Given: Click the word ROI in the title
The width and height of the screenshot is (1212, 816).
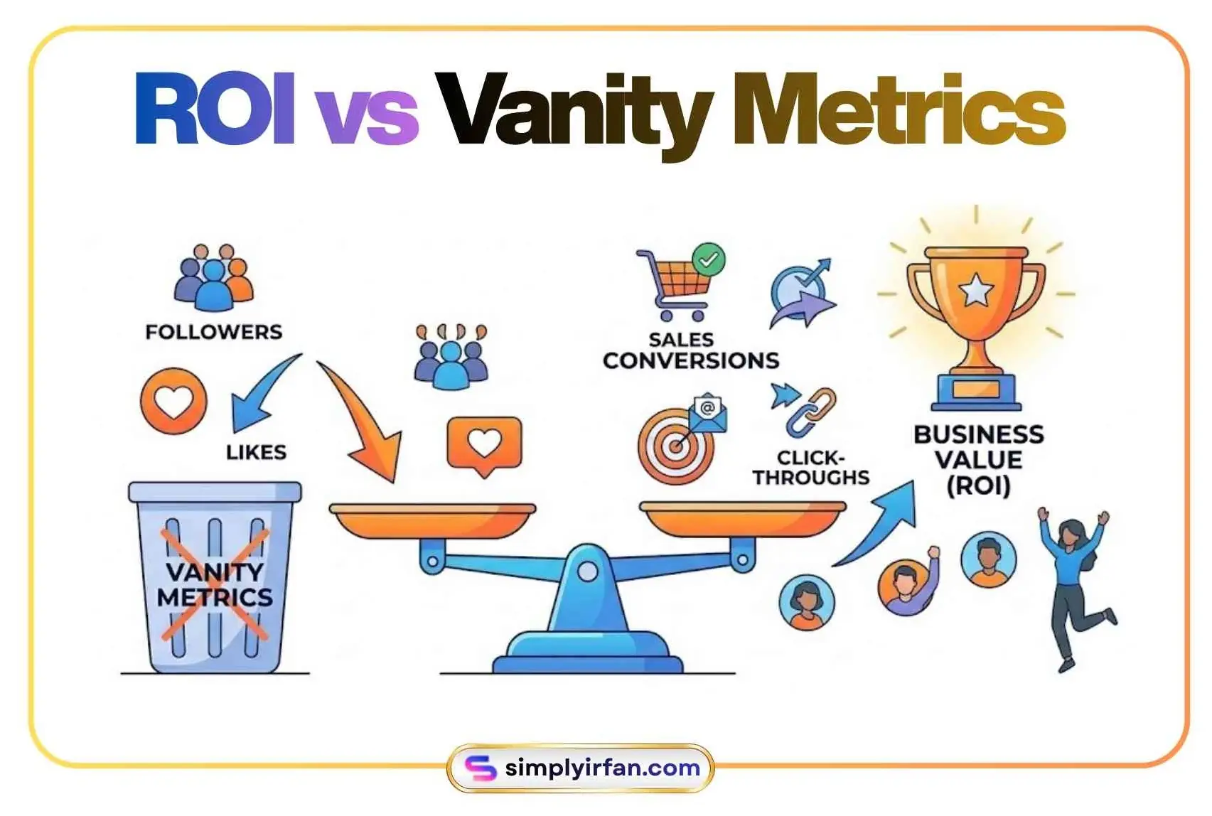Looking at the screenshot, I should pos(214,109).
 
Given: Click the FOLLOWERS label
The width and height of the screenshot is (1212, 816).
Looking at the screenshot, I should pos(214,332).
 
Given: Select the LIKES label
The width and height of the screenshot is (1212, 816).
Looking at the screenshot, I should pos(256,452).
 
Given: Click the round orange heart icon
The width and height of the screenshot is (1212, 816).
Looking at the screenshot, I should pos(173,401).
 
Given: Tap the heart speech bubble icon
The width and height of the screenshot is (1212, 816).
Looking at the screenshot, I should pos(484,444).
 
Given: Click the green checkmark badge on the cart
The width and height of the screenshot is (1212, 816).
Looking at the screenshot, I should pos(709,260).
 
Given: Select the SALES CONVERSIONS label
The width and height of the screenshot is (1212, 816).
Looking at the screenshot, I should pos(690,350).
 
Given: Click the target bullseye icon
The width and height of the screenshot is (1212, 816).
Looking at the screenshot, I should pos(675,446).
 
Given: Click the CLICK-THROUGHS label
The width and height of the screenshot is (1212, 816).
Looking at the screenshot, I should pos(811,467).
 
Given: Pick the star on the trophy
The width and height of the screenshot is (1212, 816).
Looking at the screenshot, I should pos(976,291).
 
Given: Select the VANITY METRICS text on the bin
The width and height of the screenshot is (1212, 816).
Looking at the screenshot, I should pos(215,584).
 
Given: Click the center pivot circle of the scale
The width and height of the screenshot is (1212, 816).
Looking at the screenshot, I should pos(588,571).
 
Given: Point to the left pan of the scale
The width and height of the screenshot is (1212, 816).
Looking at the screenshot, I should pos(432,519).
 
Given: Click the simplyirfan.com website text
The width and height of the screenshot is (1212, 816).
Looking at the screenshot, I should pos(602,768).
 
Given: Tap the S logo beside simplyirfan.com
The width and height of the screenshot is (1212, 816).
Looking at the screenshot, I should pos(480,768).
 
